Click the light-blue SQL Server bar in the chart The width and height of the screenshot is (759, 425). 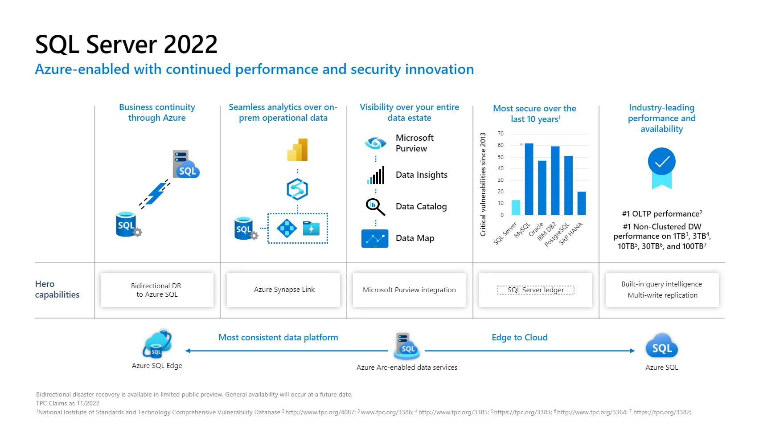pos(516,207)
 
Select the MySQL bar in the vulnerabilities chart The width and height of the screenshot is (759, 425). pos(529,179)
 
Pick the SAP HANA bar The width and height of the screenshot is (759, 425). pos(582,203)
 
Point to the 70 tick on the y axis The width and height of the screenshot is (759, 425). pos(501,134)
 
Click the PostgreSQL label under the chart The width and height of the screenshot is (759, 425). pos(557,235)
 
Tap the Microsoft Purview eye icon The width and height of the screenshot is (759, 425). pos(375,143)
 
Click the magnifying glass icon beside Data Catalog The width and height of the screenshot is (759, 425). pos(375,207)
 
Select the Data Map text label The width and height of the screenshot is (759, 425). pos(414,238)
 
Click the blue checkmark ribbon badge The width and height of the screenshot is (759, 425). pos(661,167)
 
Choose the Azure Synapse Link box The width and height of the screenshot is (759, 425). pos(283,290)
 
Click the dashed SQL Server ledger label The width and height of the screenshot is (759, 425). pos(536,290)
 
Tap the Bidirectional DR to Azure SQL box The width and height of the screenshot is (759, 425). pos(157,290)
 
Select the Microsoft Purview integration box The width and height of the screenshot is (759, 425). pos(409,290)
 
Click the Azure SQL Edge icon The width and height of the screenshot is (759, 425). pos(157,344)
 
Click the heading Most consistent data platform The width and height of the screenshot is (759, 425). pos(278,338)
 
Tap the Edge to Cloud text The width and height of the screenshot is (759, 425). pos(519,338)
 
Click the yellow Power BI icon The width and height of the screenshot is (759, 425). pos(298,150)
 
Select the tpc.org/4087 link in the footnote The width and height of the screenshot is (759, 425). pos(320,413)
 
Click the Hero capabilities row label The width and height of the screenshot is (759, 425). pos(57,290)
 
